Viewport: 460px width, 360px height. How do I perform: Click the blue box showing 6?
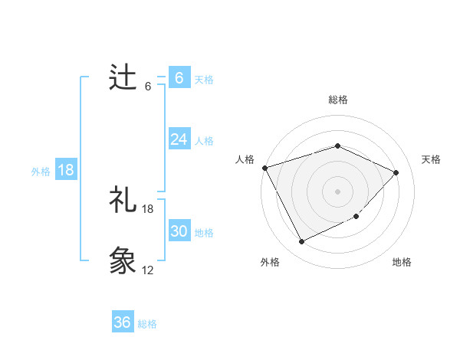pos(179,78)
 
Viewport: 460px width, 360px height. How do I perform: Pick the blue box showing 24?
pos(179,139)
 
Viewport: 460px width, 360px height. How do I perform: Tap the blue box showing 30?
pos(179,231)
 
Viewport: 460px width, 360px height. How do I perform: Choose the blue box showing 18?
pos(66,170)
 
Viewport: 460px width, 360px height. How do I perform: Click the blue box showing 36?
pos(123,322)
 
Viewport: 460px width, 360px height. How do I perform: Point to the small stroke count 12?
pos(148,270)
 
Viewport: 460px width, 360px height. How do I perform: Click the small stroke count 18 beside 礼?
pos(148,209)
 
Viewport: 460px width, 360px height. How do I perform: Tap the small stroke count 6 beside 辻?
pos(148,87)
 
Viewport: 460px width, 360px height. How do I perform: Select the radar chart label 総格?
pos(338,100)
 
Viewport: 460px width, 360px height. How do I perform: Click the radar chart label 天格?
pos(431,159)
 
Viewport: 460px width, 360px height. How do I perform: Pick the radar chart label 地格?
pos(402,262)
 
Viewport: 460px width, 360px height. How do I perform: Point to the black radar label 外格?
pos(270,262)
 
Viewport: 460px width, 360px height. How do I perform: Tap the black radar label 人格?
pos(245,159)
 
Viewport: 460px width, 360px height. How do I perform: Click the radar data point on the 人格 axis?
pos(264,167)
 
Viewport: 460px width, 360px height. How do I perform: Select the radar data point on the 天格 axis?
pos(396,172)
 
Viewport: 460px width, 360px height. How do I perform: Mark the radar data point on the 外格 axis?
pos(301,242)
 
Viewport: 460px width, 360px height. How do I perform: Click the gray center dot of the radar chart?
pos(337,191)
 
